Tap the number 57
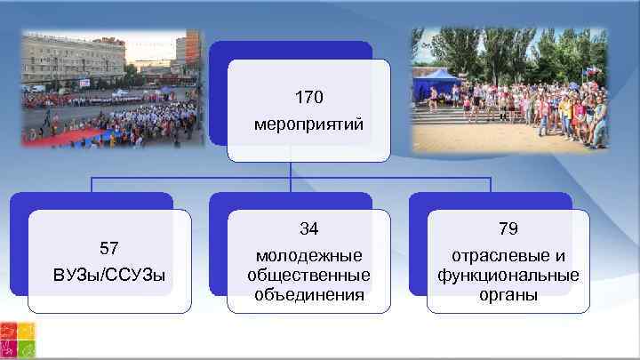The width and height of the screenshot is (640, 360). click(x=109, y=246)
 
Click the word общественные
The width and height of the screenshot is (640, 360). click(x=308, y=274)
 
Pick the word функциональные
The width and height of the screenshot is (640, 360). click(x=508, y=274)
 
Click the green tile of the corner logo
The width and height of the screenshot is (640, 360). click(x=26, y=349)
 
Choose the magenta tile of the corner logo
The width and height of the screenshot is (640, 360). click(x=8, y=349)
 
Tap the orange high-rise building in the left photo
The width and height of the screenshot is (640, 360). click(x=190, y=49)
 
